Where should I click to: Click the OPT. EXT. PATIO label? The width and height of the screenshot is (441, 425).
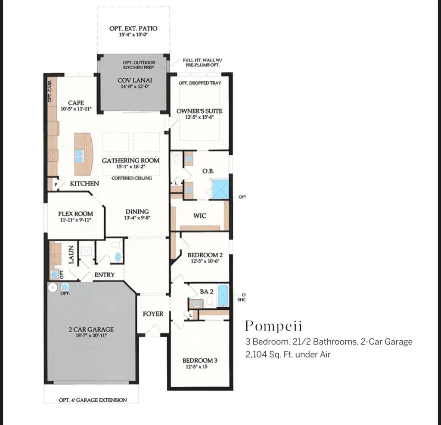click(133, 28)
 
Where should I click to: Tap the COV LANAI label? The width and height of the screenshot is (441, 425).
click(135, 80)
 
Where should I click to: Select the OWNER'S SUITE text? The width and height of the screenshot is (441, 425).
click(199, 111)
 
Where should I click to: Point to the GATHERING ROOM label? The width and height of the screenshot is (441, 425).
click(130, 160)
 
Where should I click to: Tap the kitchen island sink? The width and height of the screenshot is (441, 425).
click(80, 156)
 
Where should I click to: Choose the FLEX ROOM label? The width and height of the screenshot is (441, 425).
click(75, 214)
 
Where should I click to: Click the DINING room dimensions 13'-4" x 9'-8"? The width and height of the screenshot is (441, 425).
click(137, 218)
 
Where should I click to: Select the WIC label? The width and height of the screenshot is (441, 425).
click(200, 216)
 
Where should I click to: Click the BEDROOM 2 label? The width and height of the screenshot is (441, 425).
click(205, 255)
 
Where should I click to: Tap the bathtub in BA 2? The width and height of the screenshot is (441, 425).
click(223, 296)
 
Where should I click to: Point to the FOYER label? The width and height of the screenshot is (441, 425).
click(153, 314)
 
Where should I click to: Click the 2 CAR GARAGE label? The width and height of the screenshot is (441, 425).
click(91, 330)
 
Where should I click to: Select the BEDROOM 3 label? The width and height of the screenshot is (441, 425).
click(200, 360)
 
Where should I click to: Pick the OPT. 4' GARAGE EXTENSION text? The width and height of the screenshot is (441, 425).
click(93, 400)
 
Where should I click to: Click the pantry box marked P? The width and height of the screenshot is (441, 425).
click(56, 184)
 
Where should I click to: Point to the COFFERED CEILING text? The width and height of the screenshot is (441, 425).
click(131, 178)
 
